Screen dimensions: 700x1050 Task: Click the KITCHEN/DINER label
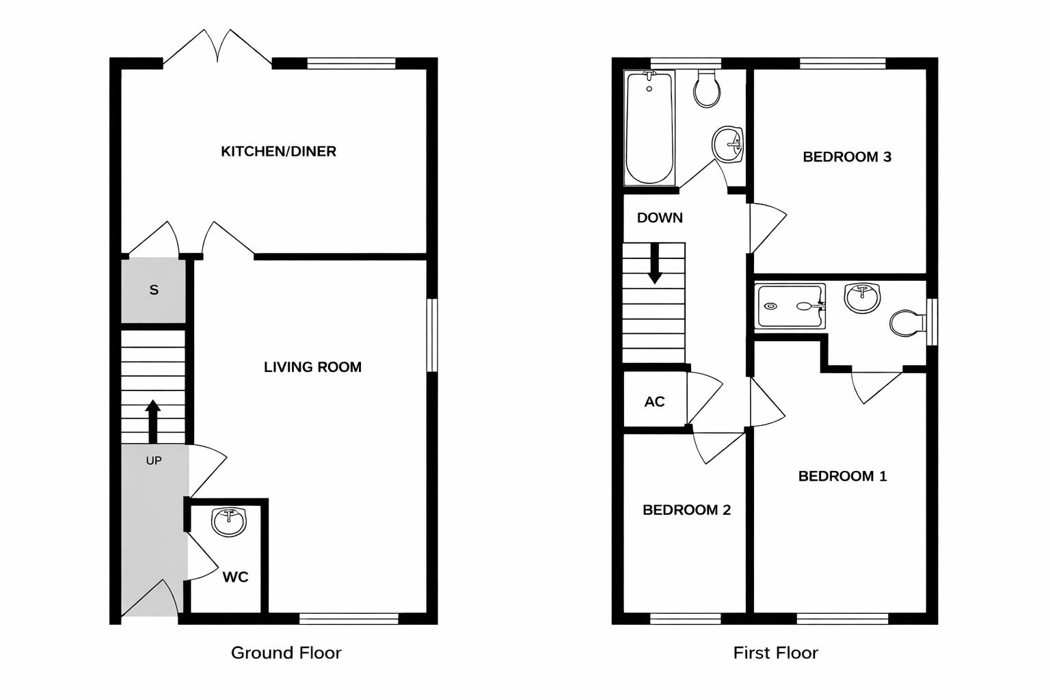(278, 151)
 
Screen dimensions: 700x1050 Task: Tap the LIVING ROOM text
(312, 367)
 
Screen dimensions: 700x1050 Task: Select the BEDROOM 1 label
(842, 476)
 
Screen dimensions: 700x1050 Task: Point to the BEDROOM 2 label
(686, 510)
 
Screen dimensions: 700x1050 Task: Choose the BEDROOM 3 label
(846, 157)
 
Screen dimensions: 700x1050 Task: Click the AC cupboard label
(654, 401)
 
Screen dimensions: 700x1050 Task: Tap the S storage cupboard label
(154, 290)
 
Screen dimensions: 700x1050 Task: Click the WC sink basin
(229, 522)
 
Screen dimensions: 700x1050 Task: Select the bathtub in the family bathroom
(649, 128)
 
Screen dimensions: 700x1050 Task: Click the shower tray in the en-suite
(790, 306)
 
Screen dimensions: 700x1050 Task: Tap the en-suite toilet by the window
(907, 323)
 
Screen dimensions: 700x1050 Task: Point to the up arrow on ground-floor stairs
(153, 420)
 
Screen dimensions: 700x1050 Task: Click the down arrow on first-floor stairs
(655, 263)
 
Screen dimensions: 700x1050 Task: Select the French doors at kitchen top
(217, 48)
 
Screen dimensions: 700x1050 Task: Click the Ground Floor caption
(286, 653)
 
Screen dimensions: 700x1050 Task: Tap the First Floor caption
(775, 653)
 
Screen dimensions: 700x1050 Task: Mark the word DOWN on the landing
(660, 217)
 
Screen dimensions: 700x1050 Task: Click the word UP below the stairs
(154, 461)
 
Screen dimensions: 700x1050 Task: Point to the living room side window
(432, 335)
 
